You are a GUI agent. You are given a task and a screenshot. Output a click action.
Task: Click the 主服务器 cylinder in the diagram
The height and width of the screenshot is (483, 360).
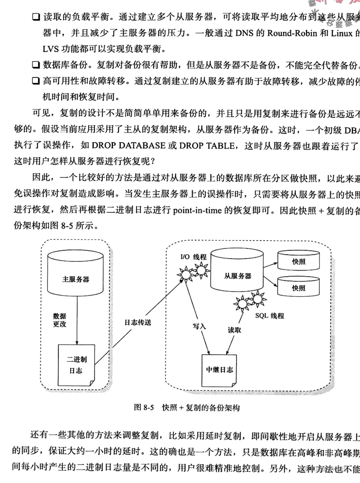pos(75,273)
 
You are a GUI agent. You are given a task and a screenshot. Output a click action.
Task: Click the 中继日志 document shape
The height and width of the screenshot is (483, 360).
pos(219,370)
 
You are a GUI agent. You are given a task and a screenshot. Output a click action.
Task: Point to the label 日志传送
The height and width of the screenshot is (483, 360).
pos(138,323)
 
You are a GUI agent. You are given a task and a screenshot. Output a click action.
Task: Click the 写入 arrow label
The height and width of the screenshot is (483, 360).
pos(199,326)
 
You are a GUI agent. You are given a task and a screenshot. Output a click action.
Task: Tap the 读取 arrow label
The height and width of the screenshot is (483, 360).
pos(234,330)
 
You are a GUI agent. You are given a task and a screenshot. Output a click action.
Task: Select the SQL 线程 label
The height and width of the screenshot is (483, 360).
pos(269,316)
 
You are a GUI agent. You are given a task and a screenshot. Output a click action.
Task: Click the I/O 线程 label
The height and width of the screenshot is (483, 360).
pos(193,257)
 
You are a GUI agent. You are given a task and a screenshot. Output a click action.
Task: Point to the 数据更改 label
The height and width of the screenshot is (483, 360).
pos(60,320)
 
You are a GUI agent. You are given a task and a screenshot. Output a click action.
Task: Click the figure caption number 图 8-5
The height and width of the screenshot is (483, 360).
pos(144,407)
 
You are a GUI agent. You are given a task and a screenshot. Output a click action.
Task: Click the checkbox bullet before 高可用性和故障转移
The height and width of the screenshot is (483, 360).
pos(36,81)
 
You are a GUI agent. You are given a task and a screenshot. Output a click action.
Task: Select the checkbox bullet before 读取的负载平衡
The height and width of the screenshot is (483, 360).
pos(36,17)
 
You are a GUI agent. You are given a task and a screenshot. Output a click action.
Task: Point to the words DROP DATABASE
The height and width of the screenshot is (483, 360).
pos(129,145)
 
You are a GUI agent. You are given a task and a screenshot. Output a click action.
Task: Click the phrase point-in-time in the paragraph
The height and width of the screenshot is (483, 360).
pos(197,210)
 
